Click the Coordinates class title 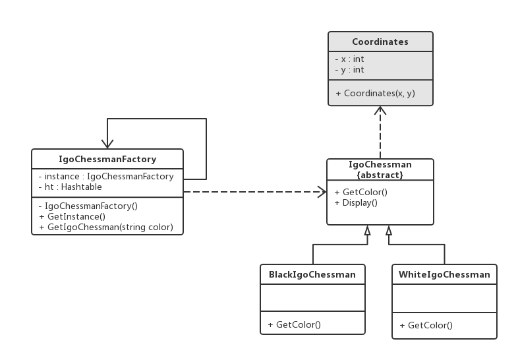coord(380,42)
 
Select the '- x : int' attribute coord(349,59)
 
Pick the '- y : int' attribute coord(349,70)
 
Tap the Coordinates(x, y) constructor coord(375,94)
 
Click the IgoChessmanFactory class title coord(107,160)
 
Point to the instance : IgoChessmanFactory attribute coord(106,177)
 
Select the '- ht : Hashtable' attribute coord(71,187)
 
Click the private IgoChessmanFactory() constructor coord(88,206)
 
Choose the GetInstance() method coord(72,217)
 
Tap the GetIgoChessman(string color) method coord(106,227)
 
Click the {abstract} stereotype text coord(380,175)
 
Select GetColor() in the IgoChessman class coord(360,192)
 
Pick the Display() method coord(356,202)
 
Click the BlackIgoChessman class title coord(312,275)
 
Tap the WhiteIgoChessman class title coord(444,275)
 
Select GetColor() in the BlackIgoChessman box coord(295,324)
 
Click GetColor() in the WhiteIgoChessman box coord(426,325)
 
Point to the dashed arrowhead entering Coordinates coord(380,110)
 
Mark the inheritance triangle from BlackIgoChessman coord(367,230)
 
